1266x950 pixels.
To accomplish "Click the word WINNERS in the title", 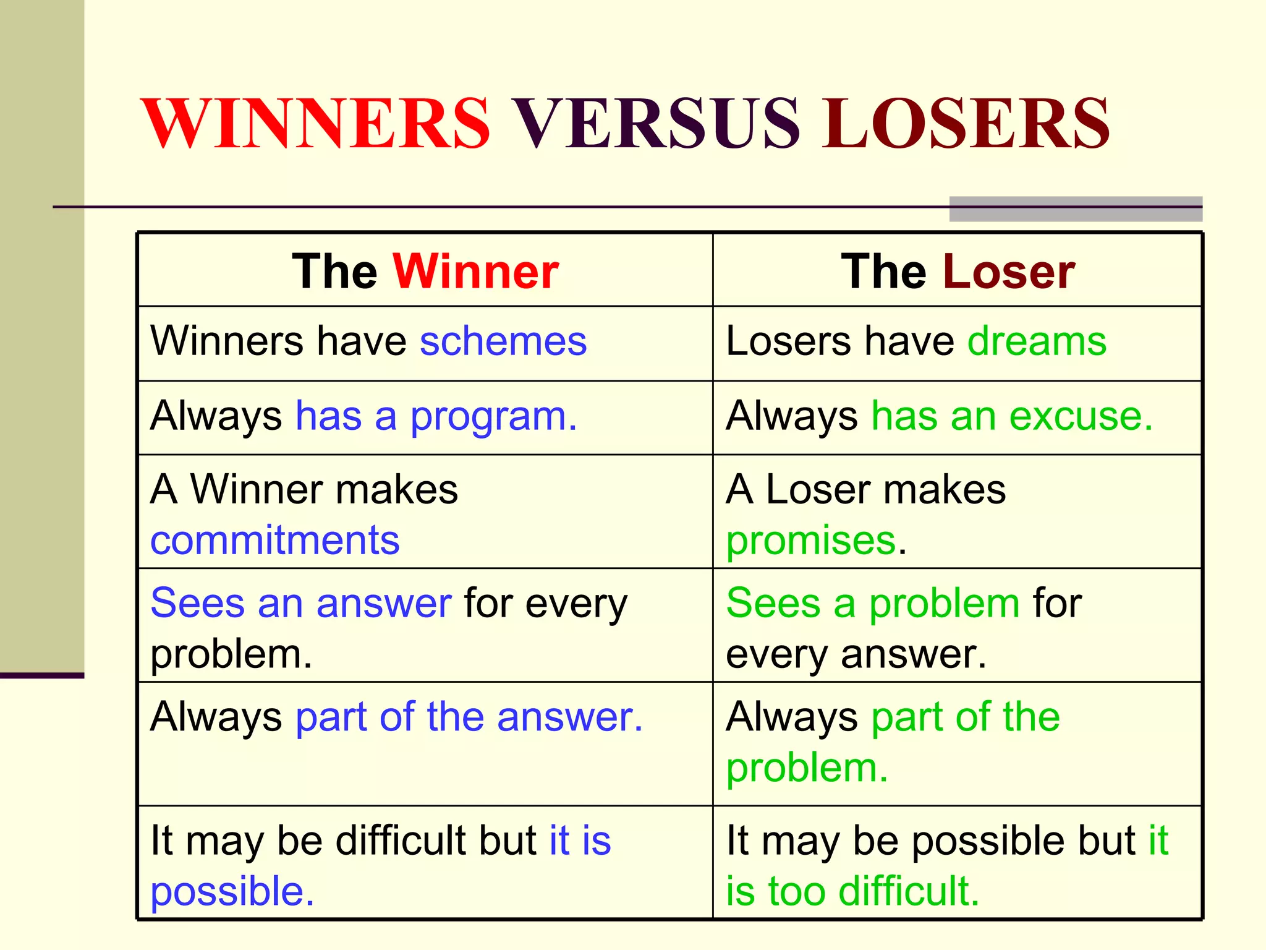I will (316, 124).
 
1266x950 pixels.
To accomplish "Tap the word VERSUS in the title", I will (656, 124).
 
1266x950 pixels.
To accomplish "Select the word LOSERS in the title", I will (966, 124).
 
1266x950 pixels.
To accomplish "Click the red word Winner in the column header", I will (475, 272).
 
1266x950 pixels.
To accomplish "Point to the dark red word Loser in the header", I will (1009, 272).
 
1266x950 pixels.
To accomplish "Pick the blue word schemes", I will (503, 341).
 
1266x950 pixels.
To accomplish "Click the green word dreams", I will (1037, 341).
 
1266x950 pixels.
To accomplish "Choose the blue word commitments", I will (275, 541).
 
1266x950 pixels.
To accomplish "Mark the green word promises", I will (811, 541).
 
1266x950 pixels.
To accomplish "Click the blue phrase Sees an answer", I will (301, 603).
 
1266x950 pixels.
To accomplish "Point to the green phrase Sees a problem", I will (872, 603).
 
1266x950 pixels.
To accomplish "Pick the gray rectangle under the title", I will (1076, 209).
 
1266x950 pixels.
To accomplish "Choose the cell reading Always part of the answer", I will (396, 717).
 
